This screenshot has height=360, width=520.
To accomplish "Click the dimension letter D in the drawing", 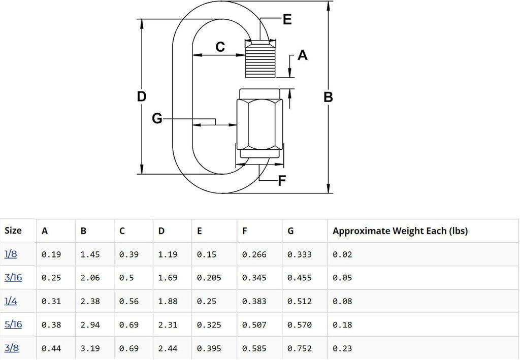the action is coord(142,97).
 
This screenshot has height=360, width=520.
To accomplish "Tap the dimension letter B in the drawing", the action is coord(328,97).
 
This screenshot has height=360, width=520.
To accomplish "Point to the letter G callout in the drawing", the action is coord(157,118).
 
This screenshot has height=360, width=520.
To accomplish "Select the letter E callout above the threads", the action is coord(287,19).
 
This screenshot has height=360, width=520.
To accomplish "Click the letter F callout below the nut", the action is coord(282,181).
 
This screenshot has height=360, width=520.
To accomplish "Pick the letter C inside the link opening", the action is coord(220,47).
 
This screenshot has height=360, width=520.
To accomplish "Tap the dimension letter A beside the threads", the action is coord(302,55).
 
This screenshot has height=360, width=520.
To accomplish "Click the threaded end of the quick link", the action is coord(261,59).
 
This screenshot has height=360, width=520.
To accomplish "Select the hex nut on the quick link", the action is coord(260,123).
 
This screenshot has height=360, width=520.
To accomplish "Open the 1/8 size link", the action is coord(11,254).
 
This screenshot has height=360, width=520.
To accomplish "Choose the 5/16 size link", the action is coord(13,324).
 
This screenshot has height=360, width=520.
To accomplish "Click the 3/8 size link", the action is coord(12,348).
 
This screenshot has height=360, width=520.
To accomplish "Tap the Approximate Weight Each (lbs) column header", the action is coord(400,231).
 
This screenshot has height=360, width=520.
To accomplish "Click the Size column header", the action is coord(13,231).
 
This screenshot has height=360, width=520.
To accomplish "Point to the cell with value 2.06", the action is coord(90,278).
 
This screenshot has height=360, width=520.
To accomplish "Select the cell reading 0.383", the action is coord(254,301).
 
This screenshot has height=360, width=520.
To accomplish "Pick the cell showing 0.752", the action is coord(300,348).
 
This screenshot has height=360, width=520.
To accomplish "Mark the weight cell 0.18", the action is coord(342,325).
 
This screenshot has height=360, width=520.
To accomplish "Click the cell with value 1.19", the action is coord(168,254).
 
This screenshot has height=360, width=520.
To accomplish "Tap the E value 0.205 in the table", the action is coord(209,278).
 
